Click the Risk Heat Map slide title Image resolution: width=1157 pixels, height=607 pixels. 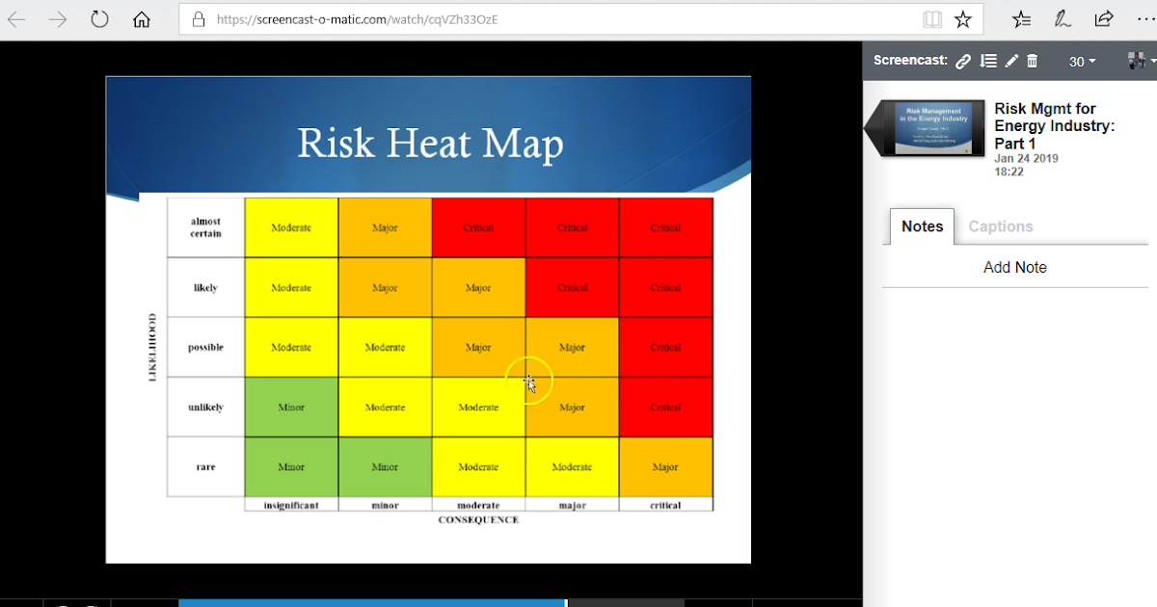pyautogui.click(x=430, y=144)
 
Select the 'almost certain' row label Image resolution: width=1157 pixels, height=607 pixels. pyautogui.click(x=205, y=227)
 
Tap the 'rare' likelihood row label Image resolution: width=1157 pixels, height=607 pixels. pyautogui.click(x=205, y=467)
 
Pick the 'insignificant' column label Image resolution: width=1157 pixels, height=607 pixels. pyautogui.click(x=291, y=505)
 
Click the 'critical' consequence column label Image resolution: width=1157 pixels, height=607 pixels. pyautogui.click(x=665, y=505)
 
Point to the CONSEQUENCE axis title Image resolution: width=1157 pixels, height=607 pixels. pyautogui.click(x=478, y=520)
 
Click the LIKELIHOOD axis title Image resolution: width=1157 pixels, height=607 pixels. pyautogui.click(x=152, y=347)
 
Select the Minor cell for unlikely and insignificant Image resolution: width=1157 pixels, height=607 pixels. pyautogui.click(x=291, y=408)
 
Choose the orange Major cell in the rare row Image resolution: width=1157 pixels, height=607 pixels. pyautogui.click(x=665, y=467)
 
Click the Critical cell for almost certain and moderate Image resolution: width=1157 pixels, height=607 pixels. pyautogui.click(x=478, y=228)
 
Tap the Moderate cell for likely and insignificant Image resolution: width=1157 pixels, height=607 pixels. pyautogui.click(x=291, y=288)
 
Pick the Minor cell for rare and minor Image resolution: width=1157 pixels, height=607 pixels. pyautogui.click(x=385, y=467)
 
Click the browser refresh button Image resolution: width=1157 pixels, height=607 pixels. pyautogui.click(x=99, y=19)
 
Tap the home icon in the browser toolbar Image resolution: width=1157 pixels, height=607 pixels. pyautogui.click(x=142, y=19)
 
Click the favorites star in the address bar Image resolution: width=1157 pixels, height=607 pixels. pyautogui.click(x=962, y=19)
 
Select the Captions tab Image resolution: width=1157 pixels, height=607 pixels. pyautogui.click(x=1000, y=226)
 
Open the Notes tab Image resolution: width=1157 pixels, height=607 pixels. pyautogui.click(x=922, y=226)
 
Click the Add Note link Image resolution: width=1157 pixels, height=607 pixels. pyautogui.click(x=1014, y=268)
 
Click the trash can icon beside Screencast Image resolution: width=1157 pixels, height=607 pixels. pyautogui.click(x=1033, y=61)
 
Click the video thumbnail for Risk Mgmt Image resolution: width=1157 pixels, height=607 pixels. pyautogui.click(x=939, y=127)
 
